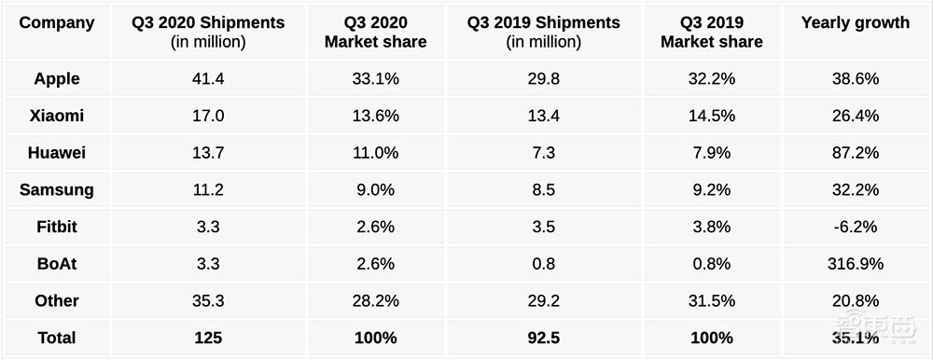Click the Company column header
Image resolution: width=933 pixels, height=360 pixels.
57,22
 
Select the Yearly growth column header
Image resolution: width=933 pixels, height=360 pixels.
855,22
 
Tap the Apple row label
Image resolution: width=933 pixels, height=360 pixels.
57,78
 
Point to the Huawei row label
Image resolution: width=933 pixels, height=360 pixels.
57,152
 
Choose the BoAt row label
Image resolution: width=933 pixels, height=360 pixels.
57,263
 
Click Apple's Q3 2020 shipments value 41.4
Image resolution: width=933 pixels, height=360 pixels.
208,78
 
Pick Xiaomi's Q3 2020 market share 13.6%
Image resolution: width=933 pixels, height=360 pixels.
375,116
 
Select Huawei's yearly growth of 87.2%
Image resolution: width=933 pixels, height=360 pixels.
855,152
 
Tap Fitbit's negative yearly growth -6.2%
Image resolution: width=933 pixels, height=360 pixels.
855,227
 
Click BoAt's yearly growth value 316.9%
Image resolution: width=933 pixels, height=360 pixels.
855,264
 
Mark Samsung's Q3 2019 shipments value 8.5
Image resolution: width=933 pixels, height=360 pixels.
543,190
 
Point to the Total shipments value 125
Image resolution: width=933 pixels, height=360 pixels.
208,338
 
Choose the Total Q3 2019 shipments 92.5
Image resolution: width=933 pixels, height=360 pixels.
543,338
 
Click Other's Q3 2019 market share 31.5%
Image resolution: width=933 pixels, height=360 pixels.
712,300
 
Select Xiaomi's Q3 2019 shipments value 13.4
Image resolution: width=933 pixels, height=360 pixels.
543,116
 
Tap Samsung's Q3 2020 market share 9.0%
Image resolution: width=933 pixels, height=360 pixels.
375,190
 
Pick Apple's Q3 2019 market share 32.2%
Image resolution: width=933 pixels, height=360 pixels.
712,78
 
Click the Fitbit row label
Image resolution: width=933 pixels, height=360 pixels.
57,227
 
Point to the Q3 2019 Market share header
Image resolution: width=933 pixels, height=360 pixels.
712,32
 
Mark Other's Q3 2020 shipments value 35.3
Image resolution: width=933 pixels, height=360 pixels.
208,300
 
